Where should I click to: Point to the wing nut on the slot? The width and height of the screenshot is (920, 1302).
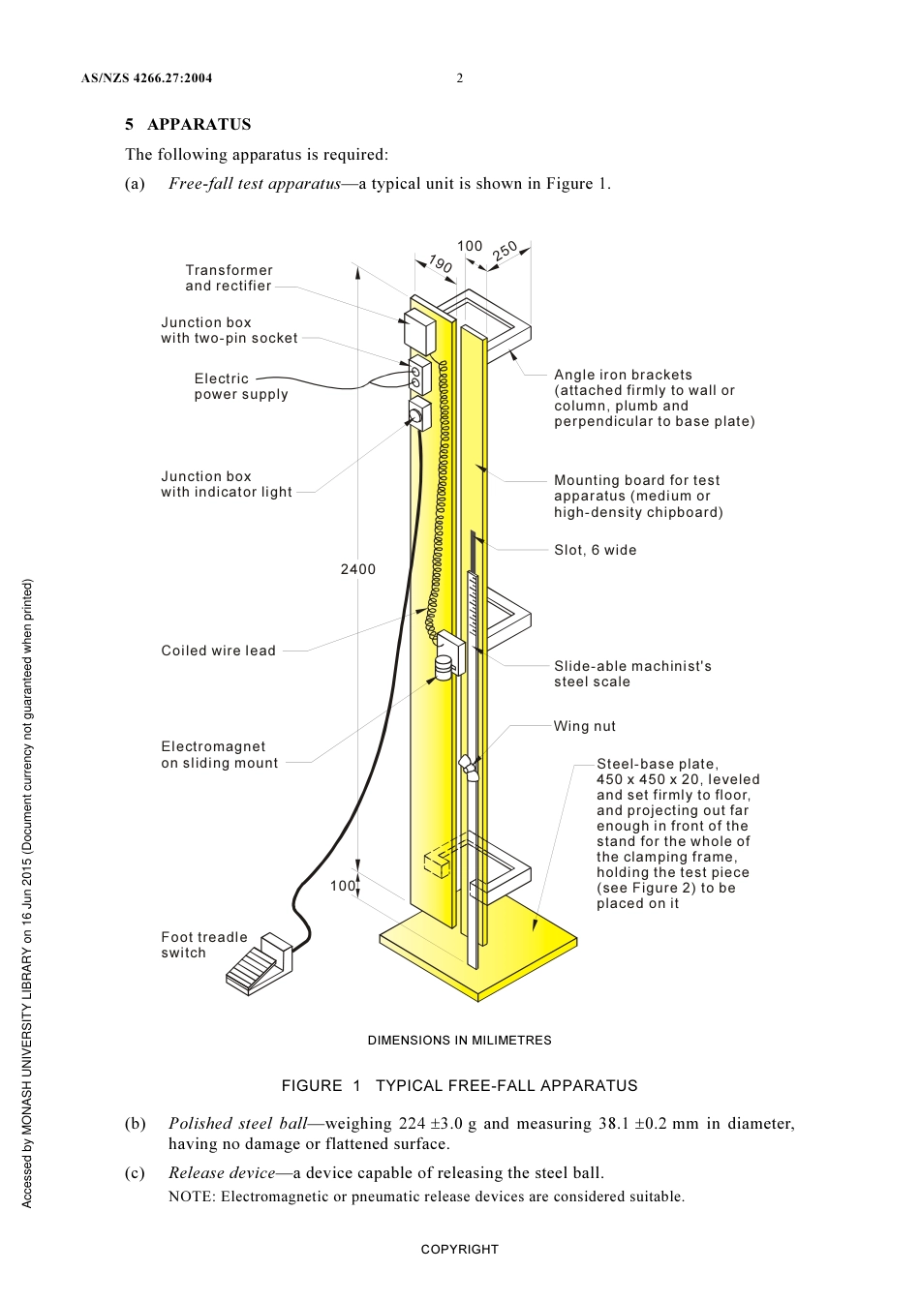point(469,766)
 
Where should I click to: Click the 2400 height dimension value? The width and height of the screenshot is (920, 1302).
point(357,569)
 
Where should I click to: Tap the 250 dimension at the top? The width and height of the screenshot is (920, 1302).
point(505,252)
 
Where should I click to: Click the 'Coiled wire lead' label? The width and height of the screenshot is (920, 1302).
point(218,651)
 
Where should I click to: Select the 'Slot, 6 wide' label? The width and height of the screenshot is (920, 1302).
point(595,550)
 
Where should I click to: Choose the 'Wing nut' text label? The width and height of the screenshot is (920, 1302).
point(584,726)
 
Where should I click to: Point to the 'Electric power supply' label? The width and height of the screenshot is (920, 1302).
point(240,386)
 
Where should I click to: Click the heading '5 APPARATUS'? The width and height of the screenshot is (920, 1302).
point(188,124)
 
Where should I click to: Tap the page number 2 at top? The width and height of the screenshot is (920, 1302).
point(460,78)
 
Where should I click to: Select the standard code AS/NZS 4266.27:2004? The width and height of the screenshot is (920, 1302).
point(146,78)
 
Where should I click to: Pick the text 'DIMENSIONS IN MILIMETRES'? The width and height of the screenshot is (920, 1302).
point(459,1040)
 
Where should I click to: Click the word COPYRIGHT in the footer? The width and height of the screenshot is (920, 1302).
point(459,1249)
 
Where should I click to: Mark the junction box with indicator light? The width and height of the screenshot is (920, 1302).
point(419,415)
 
